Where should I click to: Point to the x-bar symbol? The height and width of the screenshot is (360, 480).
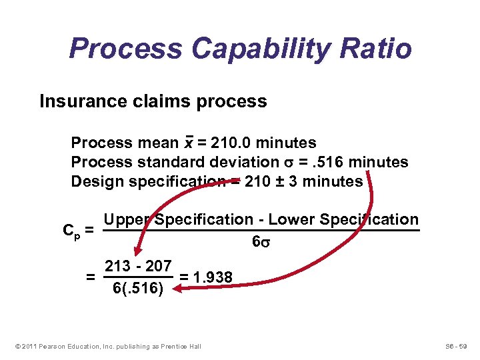(189, 143)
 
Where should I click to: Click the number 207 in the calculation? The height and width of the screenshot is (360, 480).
(159, 265)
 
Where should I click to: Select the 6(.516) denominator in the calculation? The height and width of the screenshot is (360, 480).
(137, 289)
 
